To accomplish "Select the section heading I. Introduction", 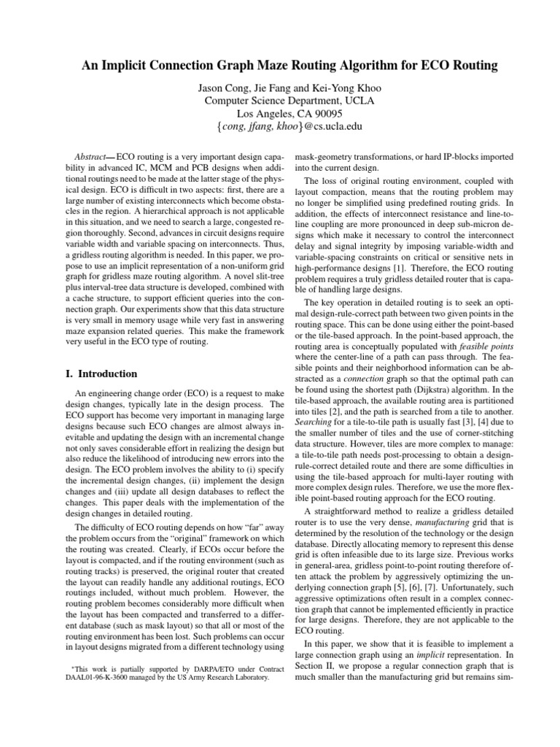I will pyautogui.click(x=102, y=374).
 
